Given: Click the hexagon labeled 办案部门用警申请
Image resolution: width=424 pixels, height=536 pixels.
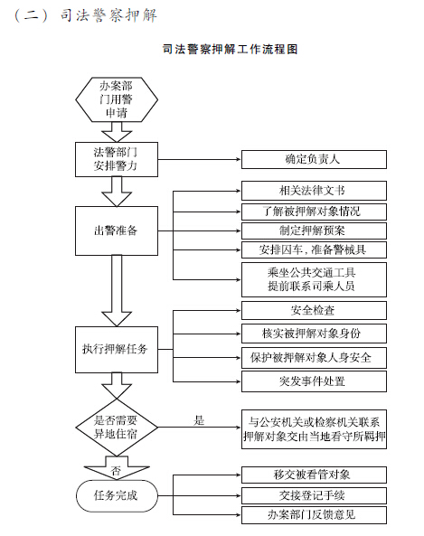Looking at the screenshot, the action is pos(117,99).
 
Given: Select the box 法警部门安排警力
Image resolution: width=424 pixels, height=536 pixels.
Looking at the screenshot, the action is pos(117,159).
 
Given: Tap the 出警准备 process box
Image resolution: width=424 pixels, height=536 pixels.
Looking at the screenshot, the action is pos(117,230).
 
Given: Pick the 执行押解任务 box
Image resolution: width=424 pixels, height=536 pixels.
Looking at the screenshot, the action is pos(117,350).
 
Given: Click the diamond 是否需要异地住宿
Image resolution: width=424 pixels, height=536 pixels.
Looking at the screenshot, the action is pos(117,428).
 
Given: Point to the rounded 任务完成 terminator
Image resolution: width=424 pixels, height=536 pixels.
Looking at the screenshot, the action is pos(117,495).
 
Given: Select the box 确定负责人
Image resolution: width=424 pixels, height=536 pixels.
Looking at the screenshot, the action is pos(314,159).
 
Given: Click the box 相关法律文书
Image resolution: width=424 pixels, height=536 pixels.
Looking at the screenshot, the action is pos(314,191).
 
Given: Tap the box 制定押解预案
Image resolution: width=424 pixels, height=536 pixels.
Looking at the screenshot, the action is pos(314,230).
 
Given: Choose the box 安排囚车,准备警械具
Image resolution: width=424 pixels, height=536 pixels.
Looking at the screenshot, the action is pos(314,249).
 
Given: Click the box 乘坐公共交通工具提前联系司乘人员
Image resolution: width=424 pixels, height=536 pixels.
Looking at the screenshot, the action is pos(314,279).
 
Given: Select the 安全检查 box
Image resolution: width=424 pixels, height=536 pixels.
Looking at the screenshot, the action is pos(314,310).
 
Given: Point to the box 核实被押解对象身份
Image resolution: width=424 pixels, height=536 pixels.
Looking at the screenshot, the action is pos(314,334).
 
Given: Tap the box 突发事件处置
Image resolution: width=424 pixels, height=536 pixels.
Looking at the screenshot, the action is pos(314,381).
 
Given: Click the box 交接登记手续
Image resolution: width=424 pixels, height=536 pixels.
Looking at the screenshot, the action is pos(314,495).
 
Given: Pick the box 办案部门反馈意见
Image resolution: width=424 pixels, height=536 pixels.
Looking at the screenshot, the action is pos(314,515).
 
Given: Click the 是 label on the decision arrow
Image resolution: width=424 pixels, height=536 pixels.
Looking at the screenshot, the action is pos(199,420).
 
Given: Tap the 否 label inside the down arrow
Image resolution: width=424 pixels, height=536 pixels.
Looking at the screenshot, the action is pos(117,471).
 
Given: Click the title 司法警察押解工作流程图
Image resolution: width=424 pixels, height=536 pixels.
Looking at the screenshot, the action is pos(231,49).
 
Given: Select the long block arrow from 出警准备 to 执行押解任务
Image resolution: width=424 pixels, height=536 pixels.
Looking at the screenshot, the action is pos(117,290).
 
